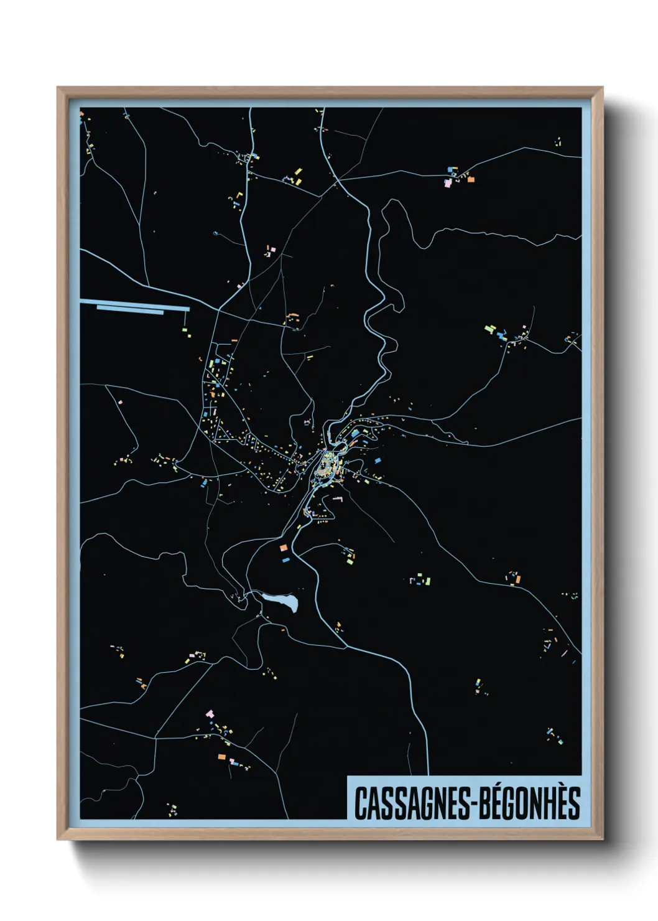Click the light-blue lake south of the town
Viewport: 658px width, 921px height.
tap(280, 601)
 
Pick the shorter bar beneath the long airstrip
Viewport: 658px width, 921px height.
tap(130, 311)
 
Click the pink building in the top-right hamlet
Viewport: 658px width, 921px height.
tap(447, 183)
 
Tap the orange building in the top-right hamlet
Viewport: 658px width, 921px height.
tap(471, 179)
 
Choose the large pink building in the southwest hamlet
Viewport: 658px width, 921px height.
tap(210, 713)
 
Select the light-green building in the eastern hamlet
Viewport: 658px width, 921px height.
tap(489, 328)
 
